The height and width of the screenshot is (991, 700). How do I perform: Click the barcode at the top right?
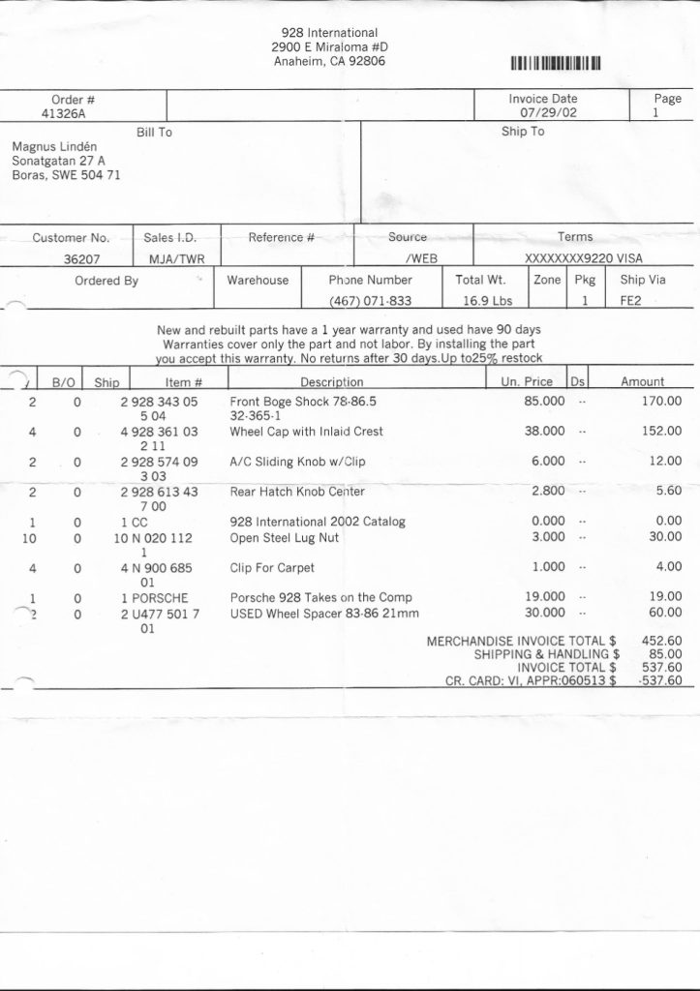557,64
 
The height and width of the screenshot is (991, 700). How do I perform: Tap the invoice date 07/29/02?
549,112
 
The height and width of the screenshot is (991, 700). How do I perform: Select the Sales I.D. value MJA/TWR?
170,258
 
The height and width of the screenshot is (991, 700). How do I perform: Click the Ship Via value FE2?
631,300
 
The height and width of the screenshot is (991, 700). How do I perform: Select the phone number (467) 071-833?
371,300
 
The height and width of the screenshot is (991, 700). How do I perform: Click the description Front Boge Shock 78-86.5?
302,400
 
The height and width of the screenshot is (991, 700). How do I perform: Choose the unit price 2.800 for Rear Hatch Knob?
548,491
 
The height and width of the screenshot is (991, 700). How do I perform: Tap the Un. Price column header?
527,382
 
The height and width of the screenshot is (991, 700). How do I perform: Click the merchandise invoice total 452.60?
661,640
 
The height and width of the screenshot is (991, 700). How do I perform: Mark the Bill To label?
154,132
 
